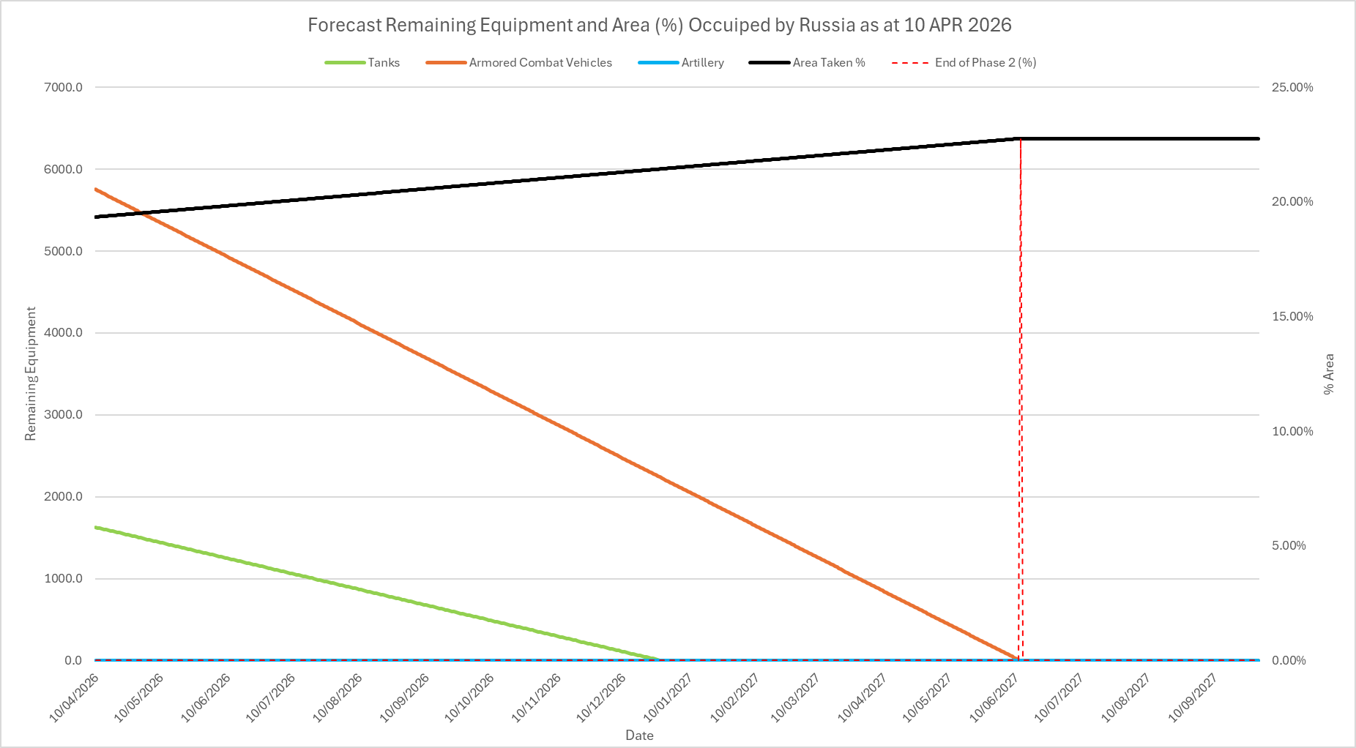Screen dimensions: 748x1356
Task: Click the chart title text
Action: click(659, 25)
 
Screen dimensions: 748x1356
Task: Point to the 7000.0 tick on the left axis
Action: click(64, 87)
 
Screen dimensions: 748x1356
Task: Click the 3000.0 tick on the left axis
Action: click(64, 415)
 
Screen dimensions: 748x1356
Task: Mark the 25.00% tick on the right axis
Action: click(1292, 87)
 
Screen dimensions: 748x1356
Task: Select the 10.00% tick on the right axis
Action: click(1292, 431)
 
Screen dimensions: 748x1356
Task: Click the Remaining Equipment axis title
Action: click(31, 373)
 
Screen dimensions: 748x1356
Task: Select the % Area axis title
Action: click(1329, 374)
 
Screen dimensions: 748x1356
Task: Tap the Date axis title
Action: click(639, 736)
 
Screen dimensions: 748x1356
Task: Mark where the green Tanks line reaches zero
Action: click(659, 659)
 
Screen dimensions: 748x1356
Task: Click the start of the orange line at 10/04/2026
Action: click(96, 189)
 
